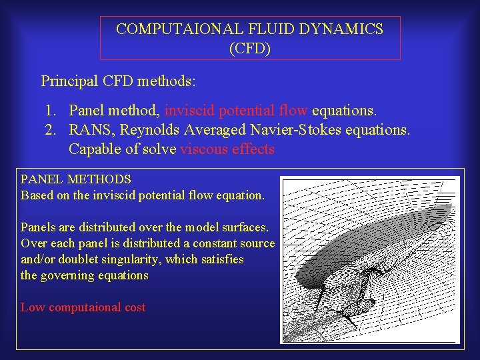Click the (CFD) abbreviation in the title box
250,49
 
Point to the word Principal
70,81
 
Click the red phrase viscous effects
227,149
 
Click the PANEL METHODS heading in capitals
76,179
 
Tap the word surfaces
246,227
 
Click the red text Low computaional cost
83,307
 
